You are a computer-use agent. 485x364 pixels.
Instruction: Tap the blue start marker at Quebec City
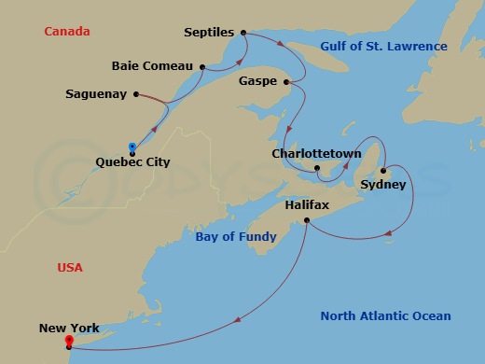coord(132,147)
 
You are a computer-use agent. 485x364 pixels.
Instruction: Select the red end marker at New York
coord(68,342)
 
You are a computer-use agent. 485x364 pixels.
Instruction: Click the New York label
coord(70,328)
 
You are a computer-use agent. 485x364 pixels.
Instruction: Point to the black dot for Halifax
coord(307,220)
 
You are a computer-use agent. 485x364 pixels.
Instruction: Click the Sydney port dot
coord(382,170)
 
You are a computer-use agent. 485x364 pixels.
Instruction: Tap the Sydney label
coord(382,185)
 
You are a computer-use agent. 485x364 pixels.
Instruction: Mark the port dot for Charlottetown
coord(318,169)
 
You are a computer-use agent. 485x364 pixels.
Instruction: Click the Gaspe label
coord(258,81)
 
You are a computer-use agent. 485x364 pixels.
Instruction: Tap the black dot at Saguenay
coord(136,94)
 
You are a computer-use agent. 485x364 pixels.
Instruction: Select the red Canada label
coord(66,32)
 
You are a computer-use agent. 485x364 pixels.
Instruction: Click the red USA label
coord(69,267)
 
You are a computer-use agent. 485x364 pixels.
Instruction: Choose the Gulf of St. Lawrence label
coord(383,47)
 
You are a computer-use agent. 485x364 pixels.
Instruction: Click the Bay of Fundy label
coord(235,237)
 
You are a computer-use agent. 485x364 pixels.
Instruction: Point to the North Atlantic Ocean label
coord(385,316)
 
